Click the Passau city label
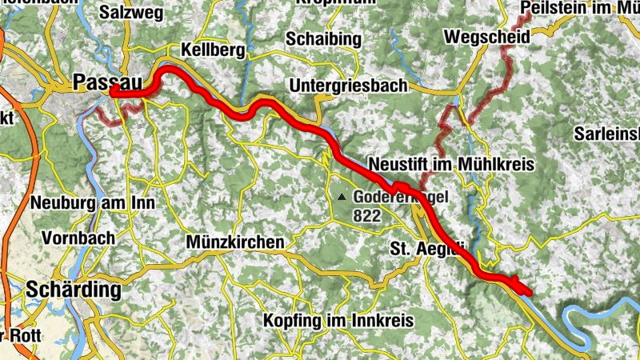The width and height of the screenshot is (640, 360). point(98,81)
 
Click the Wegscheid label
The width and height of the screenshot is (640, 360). point(475,37)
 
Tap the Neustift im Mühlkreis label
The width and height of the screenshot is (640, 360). point(450,163)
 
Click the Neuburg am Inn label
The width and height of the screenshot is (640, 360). point(93,203)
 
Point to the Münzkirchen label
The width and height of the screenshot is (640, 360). point(234,242)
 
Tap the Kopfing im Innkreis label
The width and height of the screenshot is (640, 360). point(338,320)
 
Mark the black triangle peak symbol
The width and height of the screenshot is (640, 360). point(342,196)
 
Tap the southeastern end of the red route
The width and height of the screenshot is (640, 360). point(526,290)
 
